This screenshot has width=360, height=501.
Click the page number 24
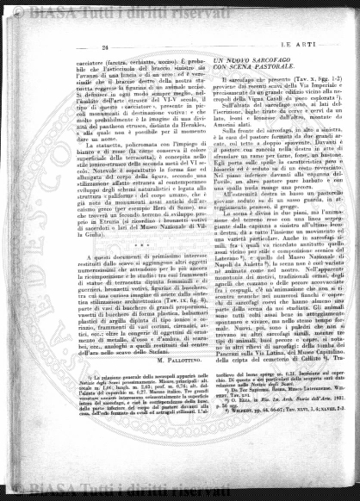coord(104,46)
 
